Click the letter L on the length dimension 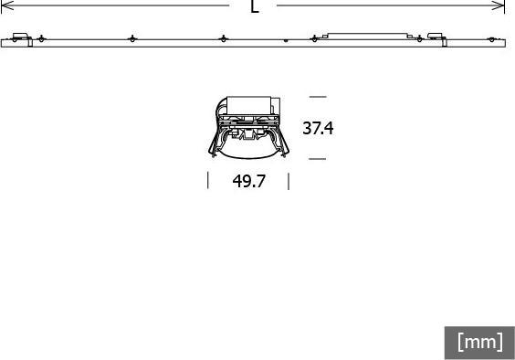[x=255, y=6]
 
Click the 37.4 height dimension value [x=318, y=128]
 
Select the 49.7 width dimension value [x=248, y=181]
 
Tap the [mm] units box [x=479, y=343]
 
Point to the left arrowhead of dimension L [x=6, y=5]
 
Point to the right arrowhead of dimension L [x=499, y=5]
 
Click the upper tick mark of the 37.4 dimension [x=318, y=97]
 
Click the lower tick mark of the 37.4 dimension [x=317, y=159]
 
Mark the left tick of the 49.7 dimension [x=208, y=180]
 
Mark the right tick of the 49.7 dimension [x=289, y=181]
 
